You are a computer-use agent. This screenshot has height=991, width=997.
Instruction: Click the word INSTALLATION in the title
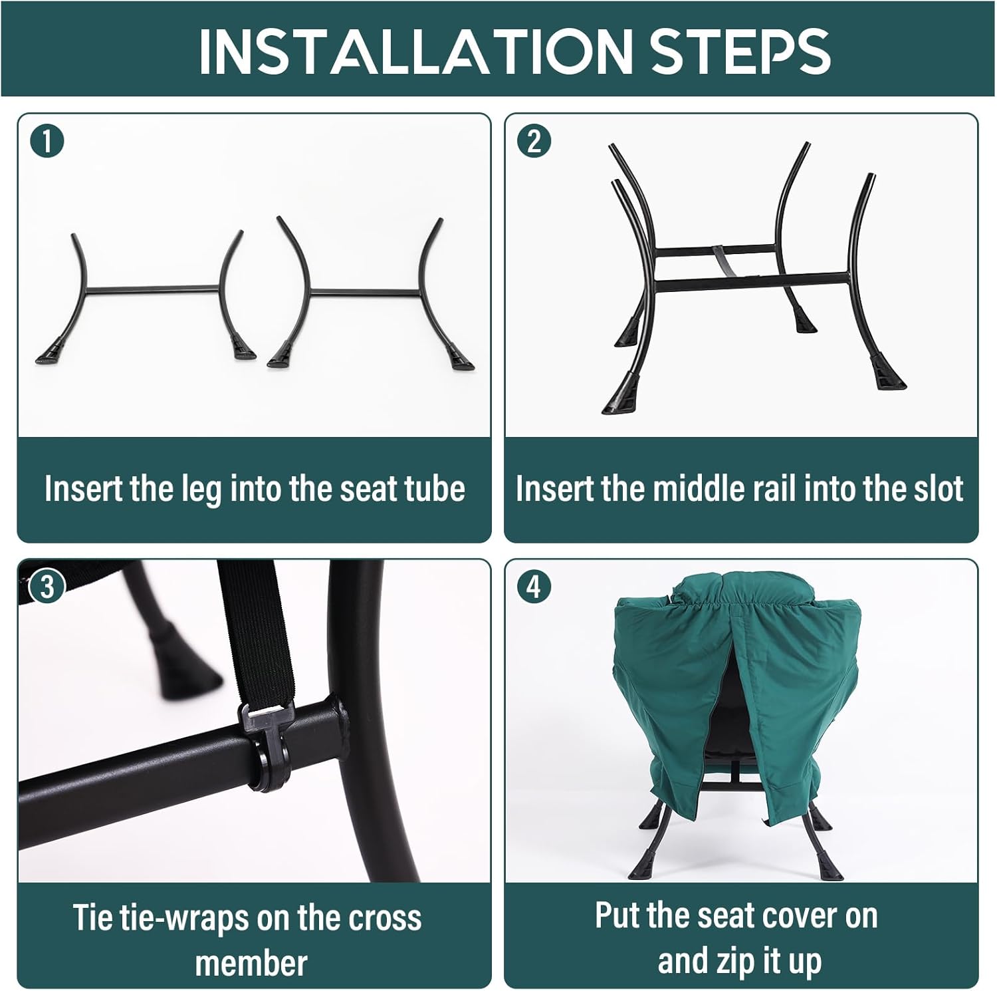[416, 51]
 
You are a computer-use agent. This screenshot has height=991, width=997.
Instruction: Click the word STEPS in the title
[740, 51]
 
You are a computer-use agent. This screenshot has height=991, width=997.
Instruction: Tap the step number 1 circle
[47, 141]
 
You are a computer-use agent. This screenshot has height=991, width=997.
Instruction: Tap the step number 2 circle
[534, 141]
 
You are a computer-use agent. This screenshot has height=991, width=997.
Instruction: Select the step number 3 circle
[47, 587]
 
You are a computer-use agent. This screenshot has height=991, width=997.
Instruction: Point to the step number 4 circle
[534, 587]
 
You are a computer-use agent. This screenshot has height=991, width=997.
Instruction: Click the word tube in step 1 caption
[436, 489]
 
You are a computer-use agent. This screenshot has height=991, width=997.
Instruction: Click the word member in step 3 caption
[251, 963]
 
